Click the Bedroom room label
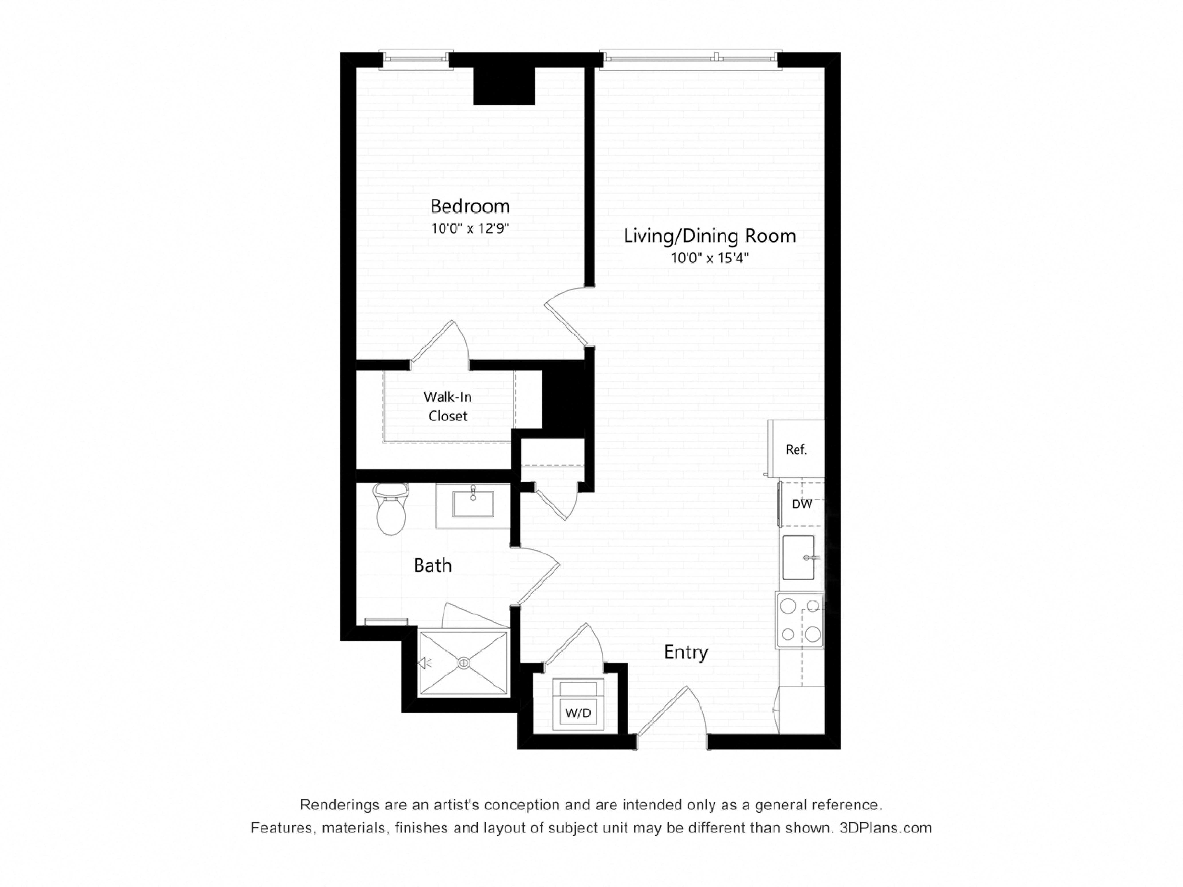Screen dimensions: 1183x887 point(470,206)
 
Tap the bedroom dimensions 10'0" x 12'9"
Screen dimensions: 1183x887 point(470,229)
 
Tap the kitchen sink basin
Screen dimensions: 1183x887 point(798,558)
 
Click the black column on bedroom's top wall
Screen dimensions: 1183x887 point(504,86)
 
